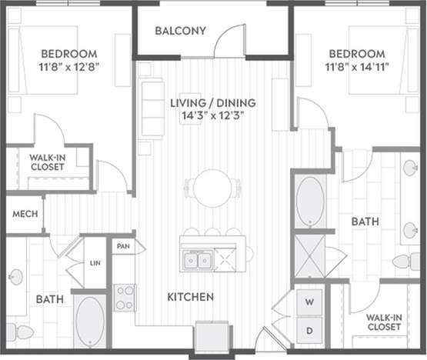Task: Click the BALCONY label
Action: [180, 32]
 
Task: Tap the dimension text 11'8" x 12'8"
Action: [69, 68]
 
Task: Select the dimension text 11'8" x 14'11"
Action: [357, 68]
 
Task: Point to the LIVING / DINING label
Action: [213, 102]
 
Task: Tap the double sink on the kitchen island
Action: [196, 261]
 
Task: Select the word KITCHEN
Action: [192, 296]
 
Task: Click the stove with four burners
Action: [125, 297]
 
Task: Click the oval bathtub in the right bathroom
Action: [310, 201]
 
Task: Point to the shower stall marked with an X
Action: [310, 255]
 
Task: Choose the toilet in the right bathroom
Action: [406, 262]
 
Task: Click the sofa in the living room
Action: [152, 108]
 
